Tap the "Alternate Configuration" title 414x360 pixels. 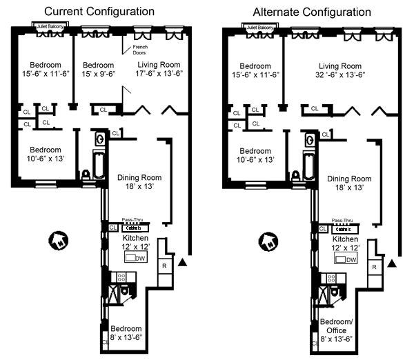(311, 12)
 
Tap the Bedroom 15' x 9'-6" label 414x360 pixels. (95, 68)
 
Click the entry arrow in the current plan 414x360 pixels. (182, 262)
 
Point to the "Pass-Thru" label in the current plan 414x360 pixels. (132, 219)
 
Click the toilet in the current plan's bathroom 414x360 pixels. (87, 175)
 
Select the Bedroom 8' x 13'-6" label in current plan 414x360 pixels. (127, 332)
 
